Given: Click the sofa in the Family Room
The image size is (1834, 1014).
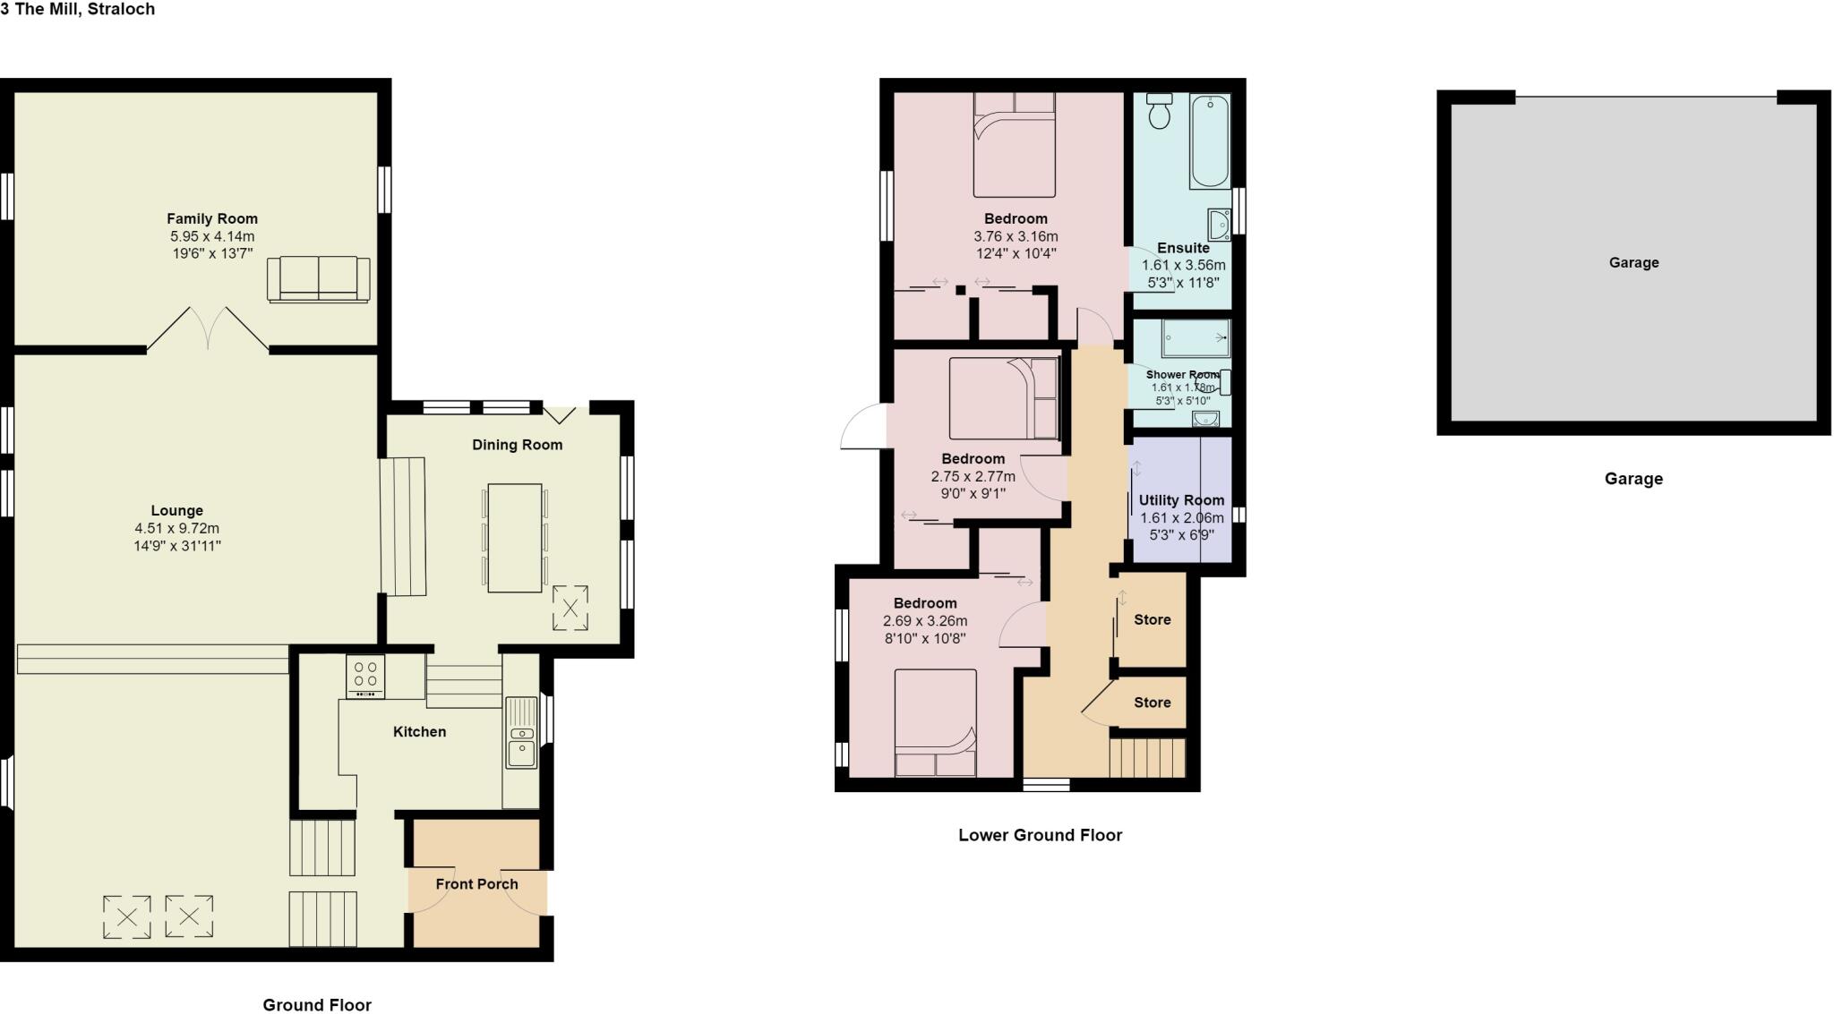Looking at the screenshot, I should pyautogui.click(x=318, y=278).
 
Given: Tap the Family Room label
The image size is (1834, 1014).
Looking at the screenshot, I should pyautogui.click(x=212, y=218).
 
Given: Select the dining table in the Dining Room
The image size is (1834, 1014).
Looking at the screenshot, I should pyautogui.click(x=515, y=538).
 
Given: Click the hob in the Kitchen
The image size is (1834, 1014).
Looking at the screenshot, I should pyautogui.click(x=365, y=677).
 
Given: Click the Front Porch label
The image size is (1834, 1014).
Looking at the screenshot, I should pyautogui.click(x=476, y=884).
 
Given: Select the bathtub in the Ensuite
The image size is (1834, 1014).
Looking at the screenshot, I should pyautogui.click(x=1210, y=141).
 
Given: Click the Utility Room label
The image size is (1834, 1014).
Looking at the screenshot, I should pyautogui.click(x=1181, y=500).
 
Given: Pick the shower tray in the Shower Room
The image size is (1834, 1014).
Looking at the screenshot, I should pyautogui.click(x=1196, y=338).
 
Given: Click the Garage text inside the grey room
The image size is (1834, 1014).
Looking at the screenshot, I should pyautogui.click(x=1633, y=262).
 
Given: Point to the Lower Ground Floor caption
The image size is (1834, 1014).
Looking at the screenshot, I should pyautogui.click(x=1040, y=835).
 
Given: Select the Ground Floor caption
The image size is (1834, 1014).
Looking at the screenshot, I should pyautogui.click(x=317, y=1005).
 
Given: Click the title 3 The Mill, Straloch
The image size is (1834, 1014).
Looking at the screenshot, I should pyautogui.click(x=78, y=9).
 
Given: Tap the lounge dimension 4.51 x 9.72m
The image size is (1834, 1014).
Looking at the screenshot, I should pyautogui.click(x=177, y=528).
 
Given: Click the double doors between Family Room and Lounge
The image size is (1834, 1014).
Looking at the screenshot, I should pyautogui.click(x=208, y=329).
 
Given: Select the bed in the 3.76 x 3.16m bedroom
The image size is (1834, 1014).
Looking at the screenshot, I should pyautogui.click(x=1015, y=145).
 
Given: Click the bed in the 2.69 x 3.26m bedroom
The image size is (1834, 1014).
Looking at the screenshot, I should pyautogui.click(x=935, y=723).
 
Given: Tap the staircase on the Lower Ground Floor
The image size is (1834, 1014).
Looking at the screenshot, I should pyautogui.click(x=1148, y=757).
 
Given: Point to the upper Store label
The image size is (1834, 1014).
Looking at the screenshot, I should pyautogui.click(x=1153, y=619).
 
